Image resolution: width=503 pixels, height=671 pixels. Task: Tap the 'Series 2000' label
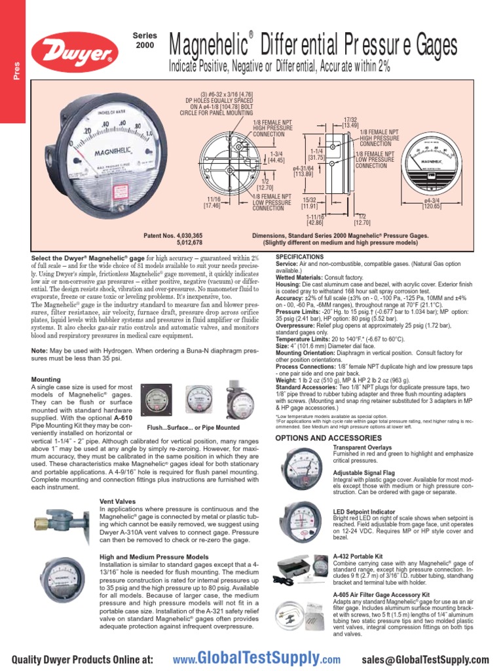145,40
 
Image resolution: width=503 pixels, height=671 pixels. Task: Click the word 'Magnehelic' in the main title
208,46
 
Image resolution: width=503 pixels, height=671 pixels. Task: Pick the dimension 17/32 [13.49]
350,121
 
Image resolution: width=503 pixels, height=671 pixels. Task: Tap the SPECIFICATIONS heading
300,256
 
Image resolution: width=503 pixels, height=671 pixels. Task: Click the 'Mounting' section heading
46,379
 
